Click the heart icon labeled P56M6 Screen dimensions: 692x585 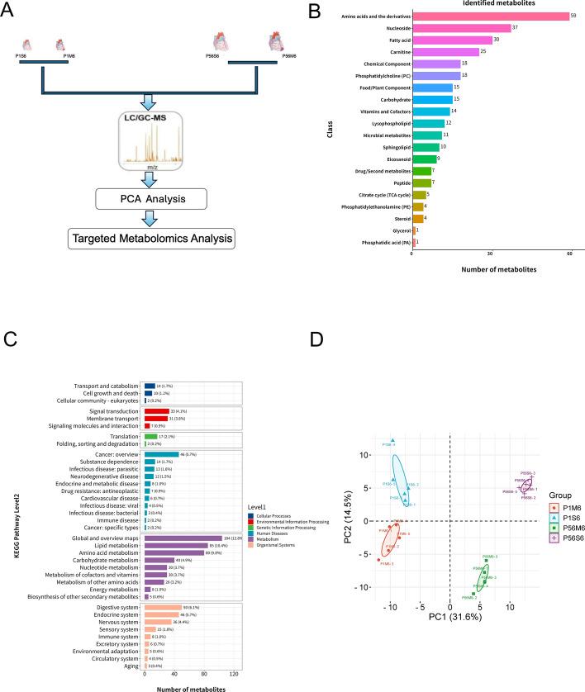275,40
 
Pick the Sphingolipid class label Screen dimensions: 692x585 388,146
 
